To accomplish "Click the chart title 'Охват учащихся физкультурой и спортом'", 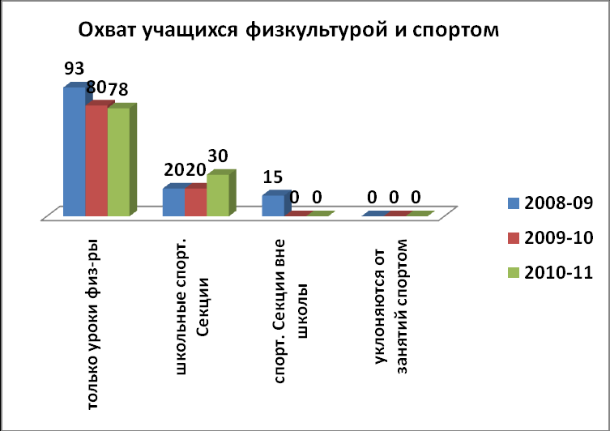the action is tap(288, 30).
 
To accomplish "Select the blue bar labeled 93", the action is tap(75, 151).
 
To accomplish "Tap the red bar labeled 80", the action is tap(96, 160).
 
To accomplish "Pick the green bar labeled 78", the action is tap(118, 161).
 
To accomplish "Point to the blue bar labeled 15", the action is tap(273, 206).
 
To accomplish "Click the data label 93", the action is tap(75, 69).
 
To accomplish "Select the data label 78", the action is tap(118, 89).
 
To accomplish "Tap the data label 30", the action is tap(218, 156).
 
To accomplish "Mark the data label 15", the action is tap(273, 177).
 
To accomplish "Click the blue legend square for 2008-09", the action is tap(514, 203).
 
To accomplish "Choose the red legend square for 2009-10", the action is tap(514, 237).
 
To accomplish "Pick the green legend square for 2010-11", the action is tap(514, 272).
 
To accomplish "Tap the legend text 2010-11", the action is tap(559, 272).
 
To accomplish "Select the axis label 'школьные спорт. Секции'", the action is tap(191, 306).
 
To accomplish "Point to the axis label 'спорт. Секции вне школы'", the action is tap(290, 311).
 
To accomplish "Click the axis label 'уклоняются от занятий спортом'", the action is tap(390, 306).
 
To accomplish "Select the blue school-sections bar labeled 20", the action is tap(173, 203).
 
